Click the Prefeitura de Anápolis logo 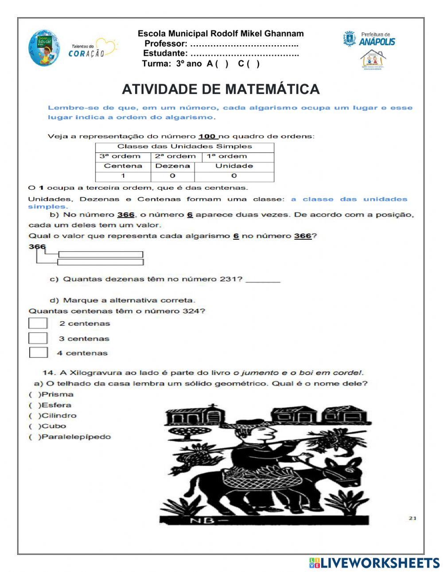point(369,39)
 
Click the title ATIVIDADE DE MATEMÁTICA point(221,89)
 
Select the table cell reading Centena point(123,166)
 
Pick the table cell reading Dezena point(173,166)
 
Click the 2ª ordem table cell point(175,156)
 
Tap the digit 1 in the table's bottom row point(123,176)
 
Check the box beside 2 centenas point(38,323)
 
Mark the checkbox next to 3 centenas point(38,339)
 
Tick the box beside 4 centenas point(39,353)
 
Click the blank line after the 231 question point(263,280)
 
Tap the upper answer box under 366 point(101,254)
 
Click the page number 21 point(412,518)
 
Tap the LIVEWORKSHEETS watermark point(374,563)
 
